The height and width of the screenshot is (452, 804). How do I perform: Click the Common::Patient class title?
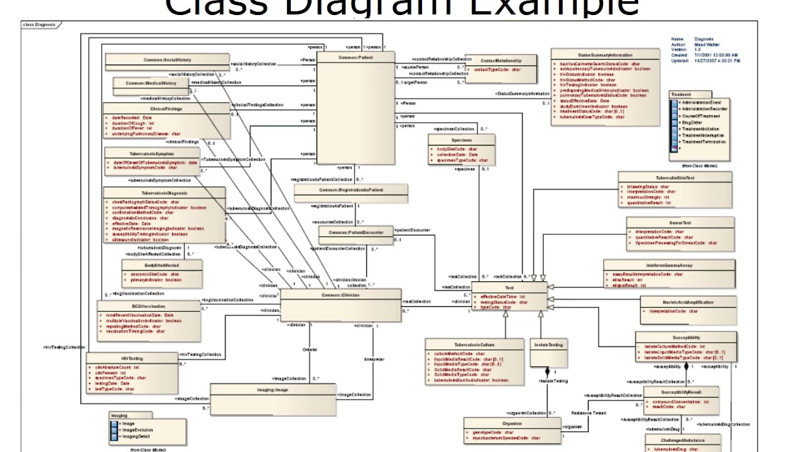[x=356, y=58]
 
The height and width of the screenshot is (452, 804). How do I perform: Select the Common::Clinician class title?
[x=340, y=294]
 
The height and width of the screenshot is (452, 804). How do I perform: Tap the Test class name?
[x=509, y=288]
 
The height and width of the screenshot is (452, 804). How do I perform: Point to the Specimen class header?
[x=461, y=140]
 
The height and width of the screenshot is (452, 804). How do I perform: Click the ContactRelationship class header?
[x=505, y=60]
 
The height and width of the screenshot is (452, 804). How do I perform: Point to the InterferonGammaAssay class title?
[x=668, y=265]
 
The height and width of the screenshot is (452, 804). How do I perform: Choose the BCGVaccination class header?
[x=149, y=306]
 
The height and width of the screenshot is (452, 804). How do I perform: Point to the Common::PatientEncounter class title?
[x=356, y=232]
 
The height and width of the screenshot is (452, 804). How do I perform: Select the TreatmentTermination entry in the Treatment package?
[x=703, y=142]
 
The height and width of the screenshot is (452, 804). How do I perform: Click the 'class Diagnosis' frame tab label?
[x=39, y=25]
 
